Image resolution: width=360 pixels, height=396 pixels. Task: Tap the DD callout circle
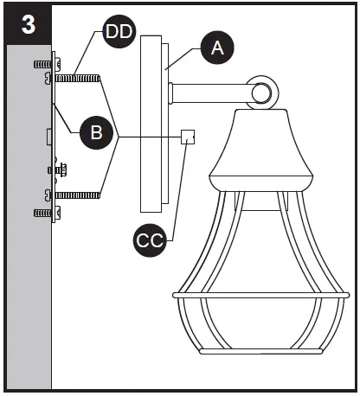pyautogui.click(x=118, y=34)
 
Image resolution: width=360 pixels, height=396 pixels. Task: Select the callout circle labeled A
pyautogui.click(x=217, y=49)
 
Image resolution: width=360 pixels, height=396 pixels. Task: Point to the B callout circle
pyautogui.click(x=95, y=132)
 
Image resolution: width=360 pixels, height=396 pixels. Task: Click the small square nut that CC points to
pyautogui.click(x=188, y=137)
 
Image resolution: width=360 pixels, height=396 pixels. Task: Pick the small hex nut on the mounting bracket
pyautogui.click(x=61, y=169)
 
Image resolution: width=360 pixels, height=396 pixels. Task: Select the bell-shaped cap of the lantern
pyautogui.click(x=260, y=156)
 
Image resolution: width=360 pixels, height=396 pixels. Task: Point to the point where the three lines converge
pyautogui.click(x=119, y=137)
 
